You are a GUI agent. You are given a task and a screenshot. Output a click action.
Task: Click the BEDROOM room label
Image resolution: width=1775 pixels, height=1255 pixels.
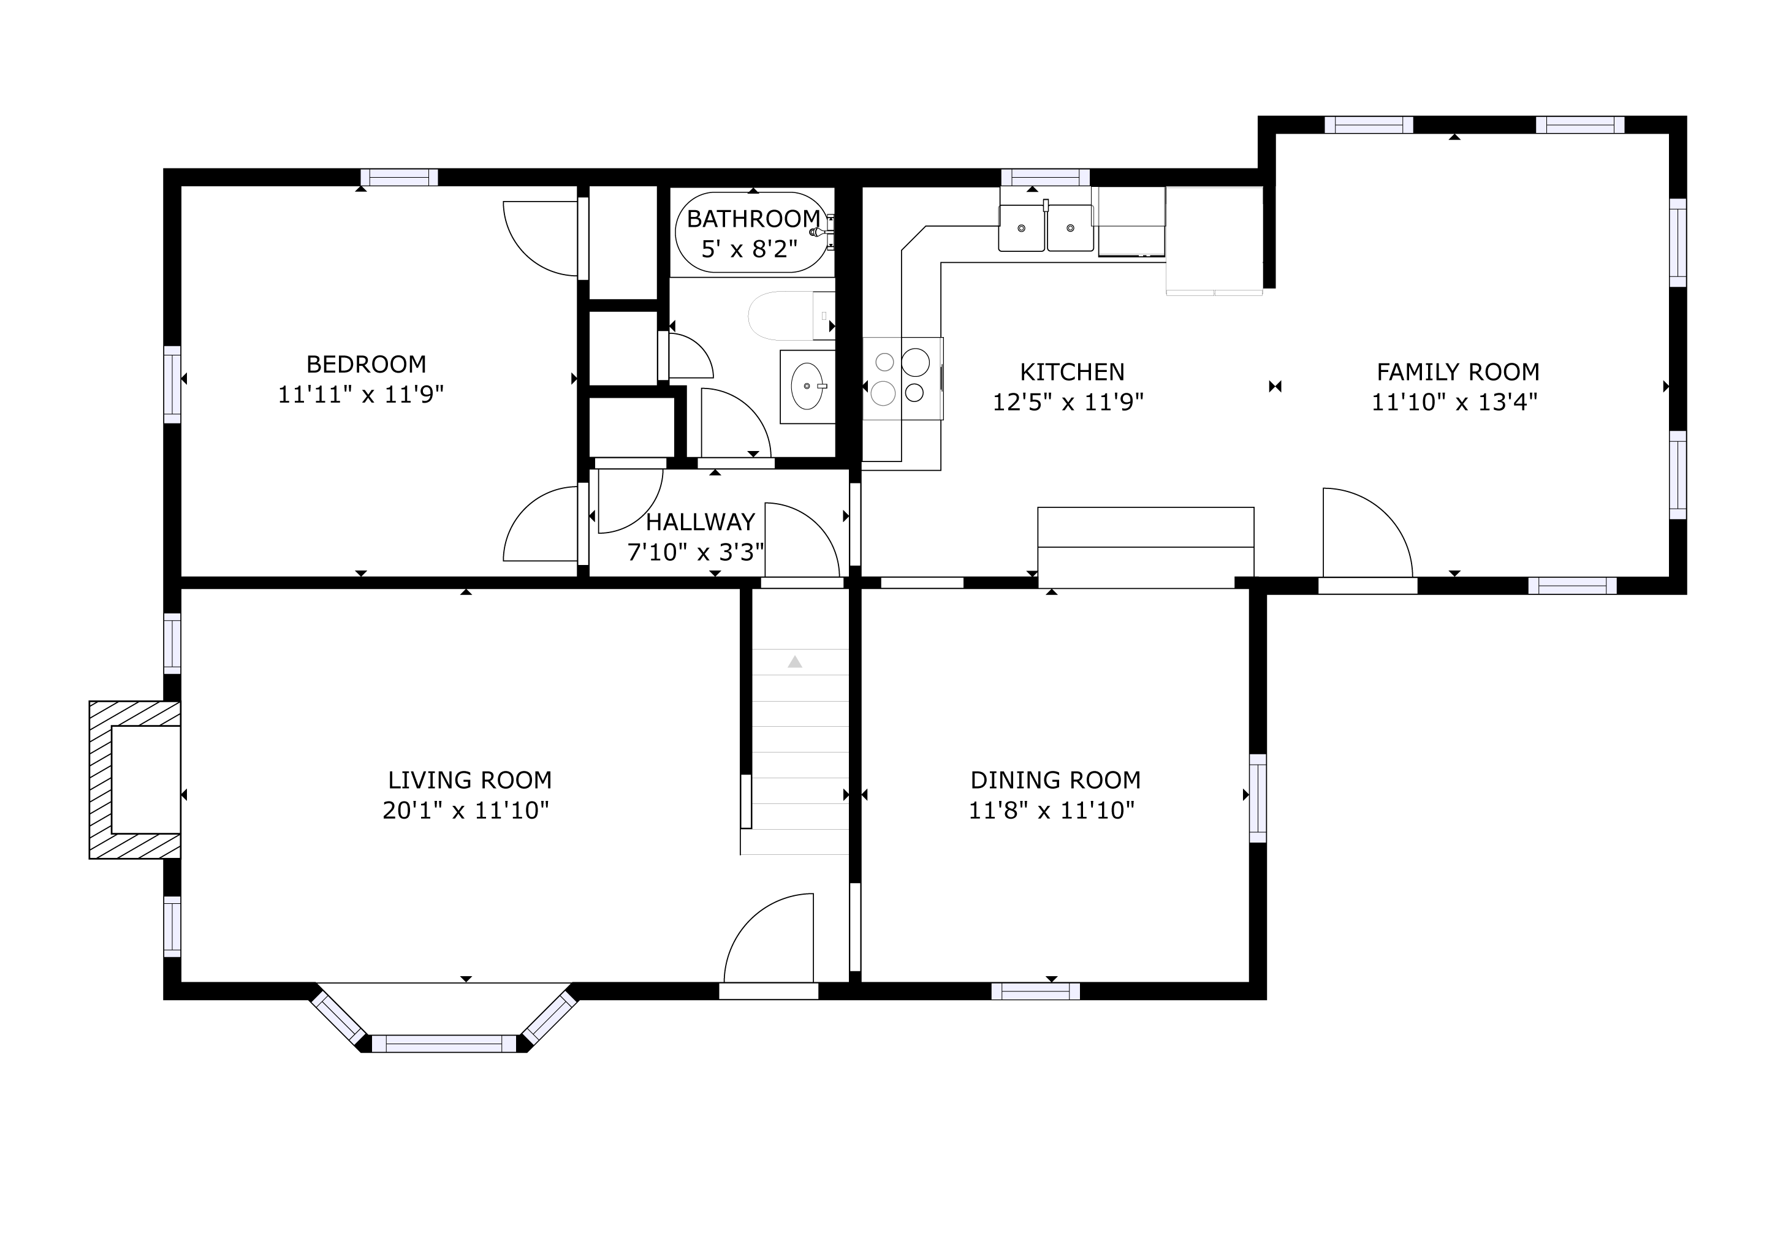366,364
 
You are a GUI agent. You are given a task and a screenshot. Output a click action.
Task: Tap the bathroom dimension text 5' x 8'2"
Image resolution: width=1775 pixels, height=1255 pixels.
749,249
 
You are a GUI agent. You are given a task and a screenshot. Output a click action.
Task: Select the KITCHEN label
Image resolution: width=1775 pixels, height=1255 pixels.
1071,373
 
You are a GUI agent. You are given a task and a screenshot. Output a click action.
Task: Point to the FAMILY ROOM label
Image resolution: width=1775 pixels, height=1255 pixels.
1458,373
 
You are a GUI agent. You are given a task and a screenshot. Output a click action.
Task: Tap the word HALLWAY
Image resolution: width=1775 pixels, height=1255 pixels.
699,522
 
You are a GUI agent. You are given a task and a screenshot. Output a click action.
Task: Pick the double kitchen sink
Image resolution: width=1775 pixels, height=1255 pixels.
1046,228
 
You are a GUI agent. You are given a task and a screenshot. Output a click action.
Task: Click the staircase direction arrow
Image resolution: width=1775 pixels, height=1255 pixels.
795,661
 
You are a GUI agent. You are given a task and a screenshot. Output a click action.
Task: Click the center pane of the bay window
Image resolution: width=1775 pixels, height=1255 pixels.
444,1044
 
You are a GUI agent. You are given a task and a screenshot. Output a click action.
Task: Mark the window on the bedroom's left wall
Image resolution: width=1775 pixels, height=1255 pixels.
172,385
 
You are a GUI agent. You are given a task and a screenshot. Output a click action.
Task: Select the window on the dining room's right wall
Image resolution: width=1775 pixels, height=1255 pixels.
1258,798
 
